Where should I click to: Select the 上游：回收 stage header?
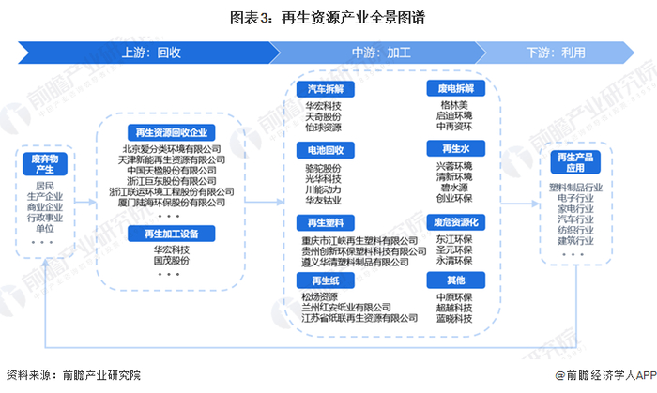(150, 53)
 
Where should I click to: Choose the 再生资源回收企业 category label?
(172, 134)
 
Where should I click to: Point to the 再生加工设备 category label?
(172, 233)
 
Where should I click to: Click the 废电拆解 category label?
(455, 88)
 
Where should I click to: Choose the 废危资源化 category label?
(455, 222)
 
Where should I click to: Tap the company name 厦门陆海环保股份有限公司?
(173, 203)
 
